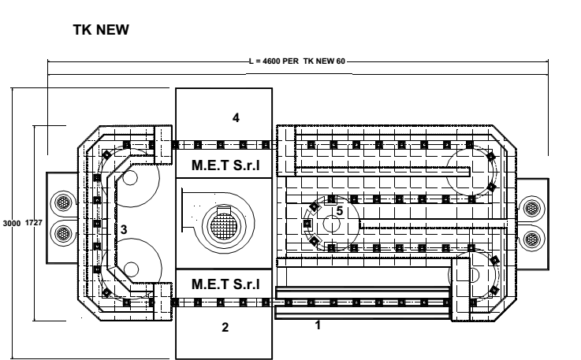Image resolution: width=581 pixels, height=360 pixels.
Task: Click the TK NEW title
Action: (x=101, y=30)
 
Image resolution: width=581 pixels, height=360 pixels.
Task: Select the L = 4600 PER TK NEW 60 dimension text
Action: (x=297, y=61)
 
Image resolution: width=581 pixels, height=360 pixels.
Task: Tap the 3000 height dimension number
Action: (x=12, y=224)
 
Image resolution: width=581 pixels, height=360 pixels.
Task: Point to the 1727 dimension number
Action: (x=34, y=223)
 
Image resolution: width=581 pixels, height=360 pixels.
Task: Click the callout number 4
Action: (x=236, y=118)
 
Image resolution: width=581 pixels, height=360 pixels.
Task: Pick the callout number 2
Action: (x=225, y=328)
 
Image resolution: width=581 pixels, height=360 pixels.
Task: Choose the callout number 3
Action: (x=124, y=230)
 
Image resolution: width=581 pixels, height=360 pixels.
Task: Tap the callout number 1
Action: (x=318, y=325)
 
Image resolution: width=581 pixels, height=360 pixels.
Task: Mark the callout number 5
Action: (x=340, y=211)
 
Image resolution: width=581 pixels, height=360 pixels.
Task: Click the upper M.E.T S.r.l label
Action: (x=225, y=165)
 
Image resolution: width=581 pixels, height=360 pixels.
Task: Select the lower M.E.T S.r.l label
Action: (x=225, y=284)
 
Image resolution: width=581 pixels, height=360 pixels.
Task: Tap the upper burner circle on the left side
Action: (x=63, y=202)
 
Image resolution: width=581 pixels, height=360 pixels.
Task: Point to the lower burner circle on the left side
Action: (x=63, y=233)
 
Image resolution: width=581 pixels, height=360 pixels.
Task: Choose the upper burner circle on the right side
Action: (x=532, y=208)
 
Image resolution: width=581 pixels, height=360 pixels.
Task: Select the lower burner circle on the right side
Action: (x=532, y=239)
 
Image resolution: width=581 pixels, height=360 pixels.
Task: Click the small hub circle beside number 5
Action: (x=332, y=224)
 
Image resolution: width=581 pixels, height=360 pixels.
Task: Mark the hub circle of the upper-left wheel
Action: (x=130, y=178)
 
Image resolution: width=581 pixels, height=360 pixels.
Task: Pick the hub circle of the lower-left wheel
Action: (x=131, y=269)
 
